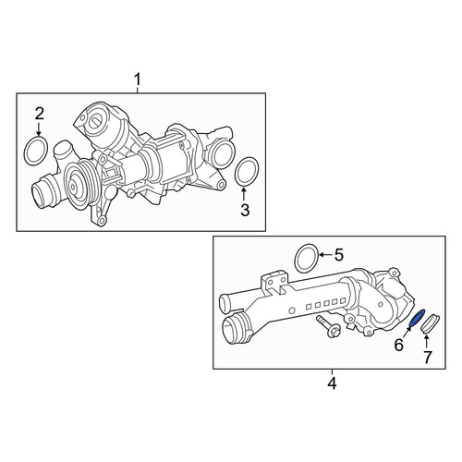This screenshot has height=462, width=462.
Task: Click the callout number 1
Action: (138, 79)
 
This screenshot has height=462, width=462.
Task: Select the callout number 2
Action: (40, 114)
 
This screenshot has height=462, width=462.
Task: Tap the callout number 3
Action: (245, 211)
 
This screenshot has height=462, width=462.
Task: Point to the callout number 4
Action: (332, 383)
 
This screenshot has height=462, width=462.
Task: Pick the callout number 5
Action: (338, 255)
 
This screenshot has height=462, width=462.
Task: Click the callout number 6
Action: (398, 346)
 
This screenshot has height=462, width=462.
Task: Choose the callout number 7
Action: (427, 358)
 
